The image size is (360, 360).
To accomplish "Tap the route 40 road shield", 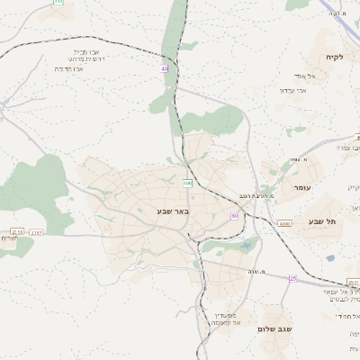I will click(x=165, y=68).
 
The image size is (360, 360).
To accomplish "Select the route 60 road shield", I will click(x=235, y=216).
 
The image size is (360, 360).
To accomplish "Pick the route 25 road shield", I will click(x=292, y=278).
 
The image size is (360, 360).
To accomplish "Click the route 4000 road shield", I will click(x=284, y=223).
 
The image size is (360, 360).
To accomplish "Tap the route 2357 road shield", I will click(x=36, y=232).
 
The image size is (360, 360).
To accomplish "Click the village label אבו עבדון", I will click(x=293, y=90).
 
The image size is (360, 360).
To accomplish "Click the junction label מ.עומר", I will click(x=312, y=159).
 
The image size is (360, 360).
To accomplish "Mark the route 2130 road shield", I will click(x=15, y=232).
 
